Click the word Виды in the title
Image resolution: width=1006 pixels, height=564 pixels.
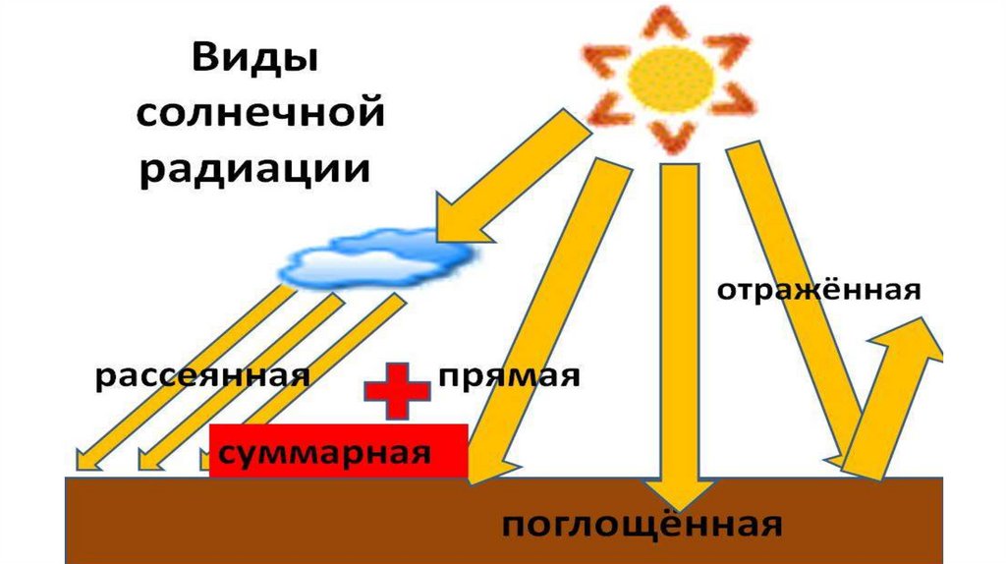coord(254,59)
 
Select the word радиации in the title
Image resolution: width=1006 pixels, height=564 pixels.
coord(253,168)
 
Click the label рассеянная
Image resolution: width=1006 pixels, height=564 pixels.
coord(202,377)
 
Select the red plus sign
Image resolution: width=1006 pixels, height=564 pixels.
coord(397,389)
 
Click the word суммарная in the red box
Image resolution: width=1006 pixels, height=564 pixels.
coord(325,454)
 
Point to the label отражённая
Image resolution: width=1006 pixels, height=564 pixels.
coord(817,292)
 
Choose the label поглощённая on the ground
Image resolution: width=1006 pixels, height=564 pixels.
coord(643,524)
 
